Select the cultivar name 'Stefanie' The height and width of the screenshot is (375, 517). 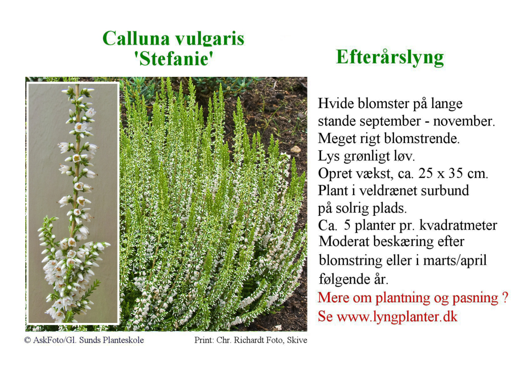point(174,59)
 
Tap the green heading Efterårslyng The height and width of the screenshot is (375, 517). point(390,57)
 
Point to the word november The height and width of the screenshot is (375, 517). point(464,121)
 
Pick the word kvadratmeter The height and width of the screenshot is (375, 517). point(458,225)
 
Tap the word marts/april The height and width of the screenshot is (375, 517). point(455,261)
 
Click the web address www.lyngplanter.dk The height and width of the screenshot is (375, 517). point(397,317)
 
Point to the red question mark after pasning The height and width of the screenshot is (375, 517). point(505,297)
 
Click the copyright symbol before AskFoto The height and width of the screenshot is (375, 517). point(28,340)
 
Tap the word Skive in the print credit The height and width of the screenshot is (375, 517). point(297,340)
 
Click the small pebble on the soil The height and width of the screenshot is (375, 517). point(295,149)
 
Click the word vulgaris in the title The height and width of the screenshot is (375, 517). point(210,39)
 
